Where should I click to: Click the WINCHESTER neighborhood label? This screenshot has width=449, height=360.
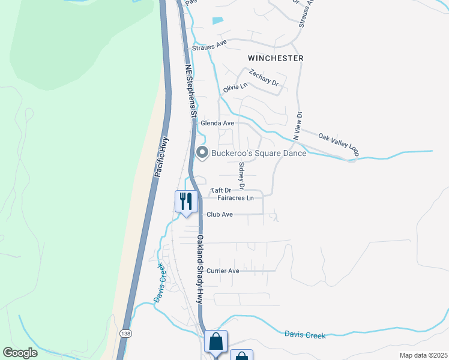point(276,58)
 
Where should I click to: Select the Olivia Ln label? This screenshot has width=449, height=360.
point(235,88)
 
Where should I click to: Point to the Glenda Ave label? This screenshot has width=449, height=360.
point(217,123)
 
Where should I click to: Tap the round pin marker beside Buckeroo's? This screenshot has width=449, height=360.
point(202,153)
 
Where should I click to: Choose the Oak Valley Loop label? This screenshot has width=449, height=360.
point(339,145)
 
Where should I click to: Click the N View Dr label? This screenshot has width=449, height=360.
point(297,126)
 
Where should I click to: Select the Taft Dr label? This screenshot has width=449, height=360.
point(220,190)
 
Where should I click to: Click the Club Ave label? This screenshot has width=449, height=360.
point(219,214)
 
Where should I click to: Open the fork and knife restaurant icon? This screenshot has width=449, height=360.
point(185,201)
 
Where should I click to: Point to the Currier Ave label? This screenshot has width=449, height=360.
point(223,271)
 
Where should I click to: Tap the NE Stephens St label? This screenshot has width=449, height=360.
point(190,90)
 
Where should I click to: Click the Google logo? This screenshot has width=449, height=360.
point(20,353)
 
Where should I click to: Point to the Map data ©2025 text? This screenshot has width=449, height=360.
point(423,355)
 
